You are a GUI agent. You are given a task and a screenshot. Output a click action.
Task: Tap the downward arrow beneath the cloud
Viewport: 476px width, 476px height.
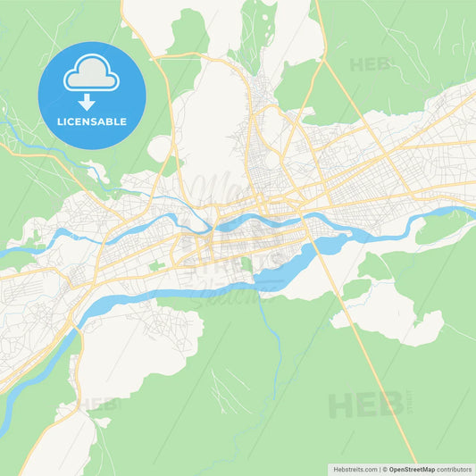[91, 102]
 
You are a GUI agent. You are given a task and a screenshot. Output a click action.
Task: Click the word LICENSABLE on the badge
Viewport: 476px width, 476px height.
[91, 121]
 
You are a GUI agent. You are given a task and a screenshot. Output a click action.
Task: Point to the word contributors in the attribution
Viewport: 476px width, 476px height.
[455, 469]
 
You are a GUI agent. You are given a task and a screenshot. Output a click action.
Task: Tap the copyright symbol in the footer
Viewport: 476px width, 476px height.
[386, 469]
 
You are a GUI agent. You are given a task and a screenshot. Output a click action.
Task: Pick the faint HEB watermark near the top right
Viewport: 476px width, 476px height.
[370, 64]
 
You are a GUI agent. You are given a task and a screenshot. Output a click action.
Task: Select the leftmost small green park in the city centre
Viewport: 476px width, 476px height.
[157, 265]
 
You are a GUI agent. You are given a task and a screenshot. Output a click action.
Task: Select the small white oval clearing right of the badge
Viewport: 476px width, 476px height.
[161, 147]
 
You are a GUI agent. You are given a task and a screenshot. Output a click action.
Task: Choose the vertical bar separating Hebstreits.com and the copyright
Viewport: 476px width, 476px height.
[379, 469]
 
